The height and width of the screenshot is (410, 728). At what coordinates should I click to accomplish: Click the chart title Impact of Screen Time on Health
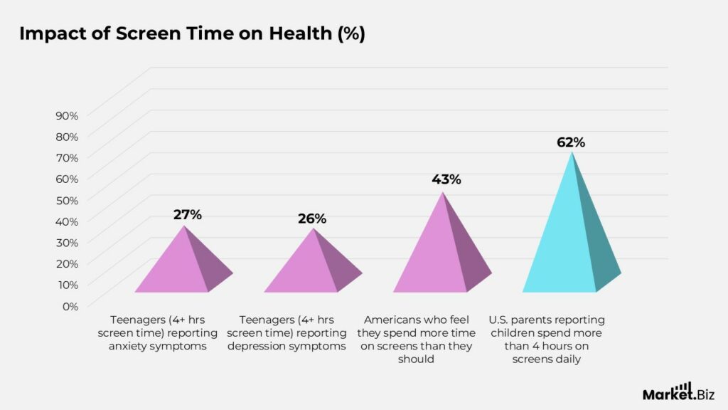(192, 34)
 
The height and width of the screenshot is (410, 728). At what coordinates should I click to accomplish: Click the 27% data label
(188, 214)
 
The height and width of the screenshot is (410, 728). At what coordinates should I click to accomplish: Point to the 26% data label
(312, 219)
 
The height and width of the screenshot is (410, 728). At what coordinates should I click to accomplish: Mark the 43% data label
(446, 179)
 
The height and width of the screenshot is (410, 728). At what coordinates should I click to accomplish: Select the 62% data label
(571, 142)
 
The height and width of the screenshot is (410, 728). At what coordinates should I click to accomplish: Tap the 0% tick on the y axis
(70, 306)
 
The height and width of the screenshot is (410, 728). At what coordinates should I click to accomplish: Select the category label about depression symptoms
(287, 333)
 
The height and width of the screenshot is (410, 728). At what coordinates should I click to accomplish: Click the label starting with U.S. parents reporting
(547, 340)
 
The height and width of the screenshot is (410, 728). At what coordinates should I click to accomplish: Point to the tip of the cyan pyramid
(572, 152)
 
